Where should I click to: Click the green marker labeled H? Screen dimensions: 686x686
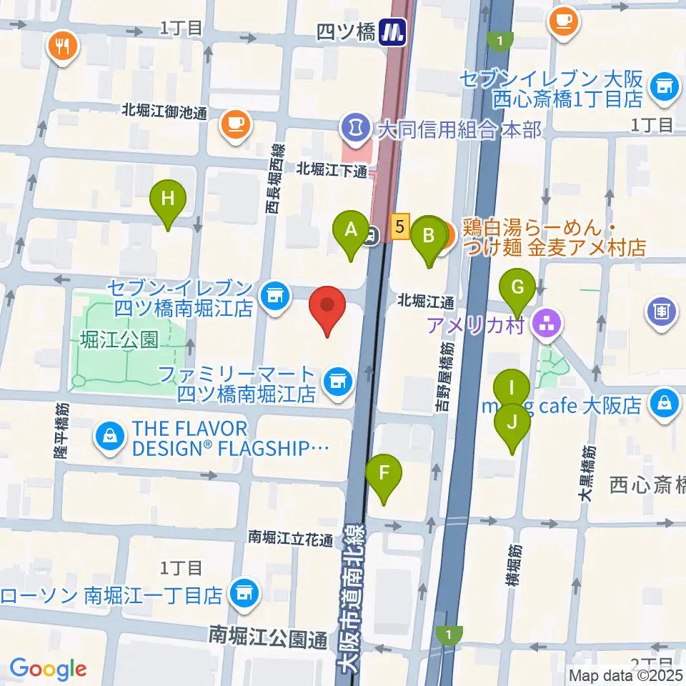point(167,199)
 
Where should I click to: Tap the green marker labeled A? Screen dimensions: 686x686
point(351,230)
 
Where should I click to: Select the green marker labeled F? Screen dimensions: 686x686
point(384,473)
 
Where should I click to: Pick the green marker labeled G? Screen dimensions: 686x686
point(519,289)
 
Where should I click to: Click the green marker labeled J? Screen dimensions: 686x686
point(512,422)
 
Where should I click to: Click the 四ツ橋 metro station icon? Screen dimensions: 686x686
point(393,31)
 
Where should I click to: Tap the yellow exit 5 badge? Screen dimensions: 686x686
point(400,227)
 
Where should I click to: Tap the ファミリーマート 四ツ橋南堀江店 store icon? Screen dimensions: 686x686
point(336,380)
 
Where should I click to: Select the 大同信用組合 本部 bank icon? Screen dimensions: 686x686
point(353,129)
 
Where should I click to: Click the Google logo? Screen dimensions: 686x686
point(48,669)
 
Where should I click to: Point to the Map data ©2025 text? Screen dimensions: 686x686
point(625,674)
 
